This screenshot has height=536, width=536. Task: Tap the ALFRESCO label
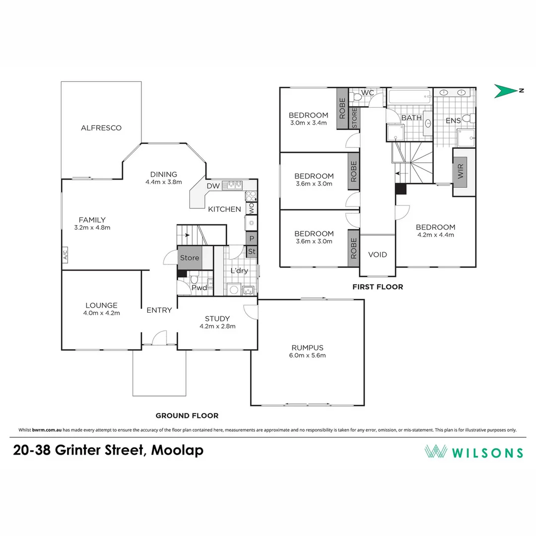point(101,128)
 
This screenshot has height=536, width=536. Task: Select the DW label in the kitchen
point(213,186)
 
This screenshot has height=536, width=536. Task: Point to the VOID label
point(377,255)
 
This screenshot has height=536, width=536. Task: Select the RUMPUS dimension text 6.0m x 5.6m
point(308,355)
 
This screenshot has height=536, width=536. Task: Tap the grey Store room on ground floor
point(189,258)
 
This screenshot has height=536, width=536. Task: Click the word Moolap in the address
point(177,450)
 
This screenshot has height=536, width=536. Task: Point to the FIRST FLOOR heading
point(378,287)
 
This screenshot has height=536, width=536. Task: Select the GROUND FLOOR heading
point(187,416)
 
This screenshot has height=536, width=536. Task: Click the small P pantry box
point(252,239)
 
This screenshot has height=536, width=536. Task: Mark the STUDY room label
point(217,318)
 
